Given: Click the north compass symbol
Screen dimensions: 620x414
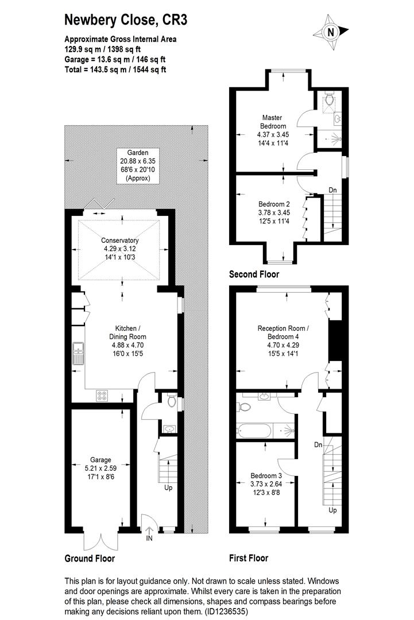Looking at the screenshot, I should click(331, 33).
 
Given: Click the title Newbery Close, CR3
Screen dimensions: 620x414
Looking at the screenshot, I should click(125, 20).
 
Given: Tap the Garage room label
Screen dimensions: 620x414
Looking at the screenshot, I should click(100, 464).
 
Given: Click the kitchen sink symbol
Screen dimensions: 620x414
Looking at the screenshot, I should click(78, 354).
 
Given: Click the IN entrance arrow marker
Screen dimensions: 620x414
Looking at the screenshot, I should click(149, 534).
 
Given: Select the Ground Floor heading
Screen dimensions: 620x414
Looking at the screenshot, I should click(90, 559).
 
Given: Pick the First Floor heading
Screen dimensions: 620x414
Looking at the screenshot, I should click(248, 558).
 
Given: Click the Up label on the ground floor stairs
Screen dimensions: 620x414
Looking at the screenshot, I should click(168, 488).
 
